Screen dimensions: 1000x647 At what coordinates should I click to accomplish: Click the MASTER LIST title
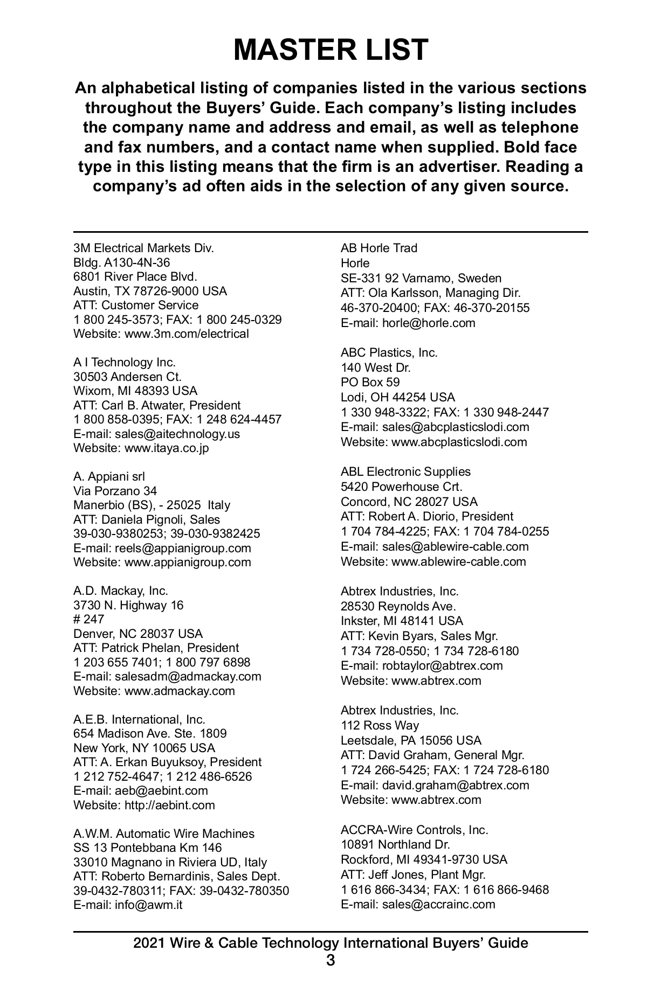pyautogui.click(x=331, y=50)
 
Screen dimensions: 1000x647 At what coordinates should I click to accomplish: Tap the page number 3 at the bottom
pyautogui.click(x=331, y=960)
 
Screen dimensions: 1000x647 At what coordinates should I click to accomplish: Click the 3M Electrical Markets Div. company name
pyautogui.click(x=143, y=248)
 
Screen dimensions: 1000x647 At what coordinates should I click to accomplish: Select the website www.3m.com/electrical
pyautogui.click(x=187, y=334)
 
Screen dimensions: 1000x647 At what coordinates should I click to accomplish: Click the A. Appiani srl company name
pyautogui.click(x=109, y=476)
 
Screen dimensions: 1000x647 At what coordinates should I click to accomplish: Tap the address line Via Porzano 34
pyautogui.click(x=115, y=491)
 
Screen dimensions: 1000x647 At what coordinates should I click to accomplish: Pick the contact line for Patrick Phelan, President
pyautogui.click(x=156, y=648)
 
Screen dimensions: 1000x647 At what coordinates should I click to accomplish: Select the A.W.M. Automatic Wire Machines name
pyautogui.click(x=163, y=834)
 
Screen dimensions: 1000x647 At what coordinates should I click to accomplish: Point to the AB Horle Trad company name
pyautogui.click(x=378, y=248)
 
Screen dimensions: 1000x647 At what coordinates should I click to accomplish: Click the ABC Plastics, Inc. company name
pyautogui.click(x=389, y=353)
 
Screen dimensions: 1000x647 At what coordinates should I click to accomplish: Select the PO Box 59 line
pyautogui.click(x=370, y=383)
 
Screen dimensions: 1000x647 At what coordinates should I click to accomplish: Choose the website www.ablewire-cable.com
pyautogui.click(x=458, y=562)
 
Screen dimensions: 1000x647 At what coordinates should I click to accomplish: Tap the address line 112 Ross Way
pyautogui.click(x=380, y=726)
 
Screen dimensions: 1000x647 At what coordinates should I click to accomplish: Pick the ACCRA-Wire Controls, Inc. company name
pyautogui.click(x=414, y=830)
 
